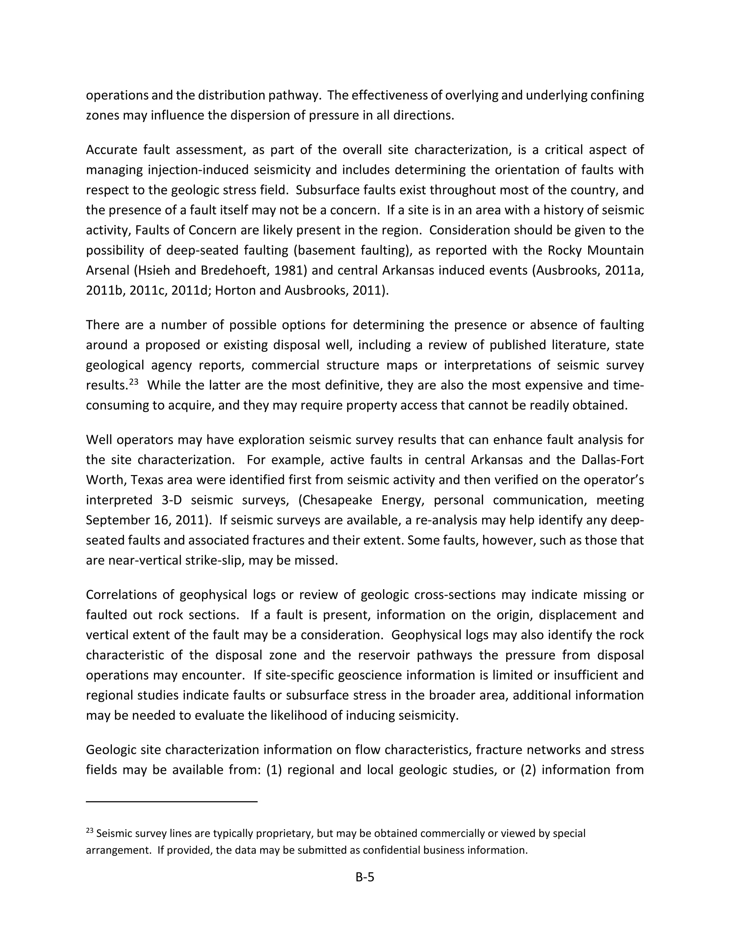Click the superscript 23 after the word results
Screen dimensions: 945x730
pyautogui.click(x=134, y=382)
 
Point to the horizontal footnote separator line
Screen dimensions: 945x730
pyautogui.click(x=172, y=801)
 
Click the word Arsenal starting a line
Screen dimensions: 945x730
pyautogui.click(x=107, y=270)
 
